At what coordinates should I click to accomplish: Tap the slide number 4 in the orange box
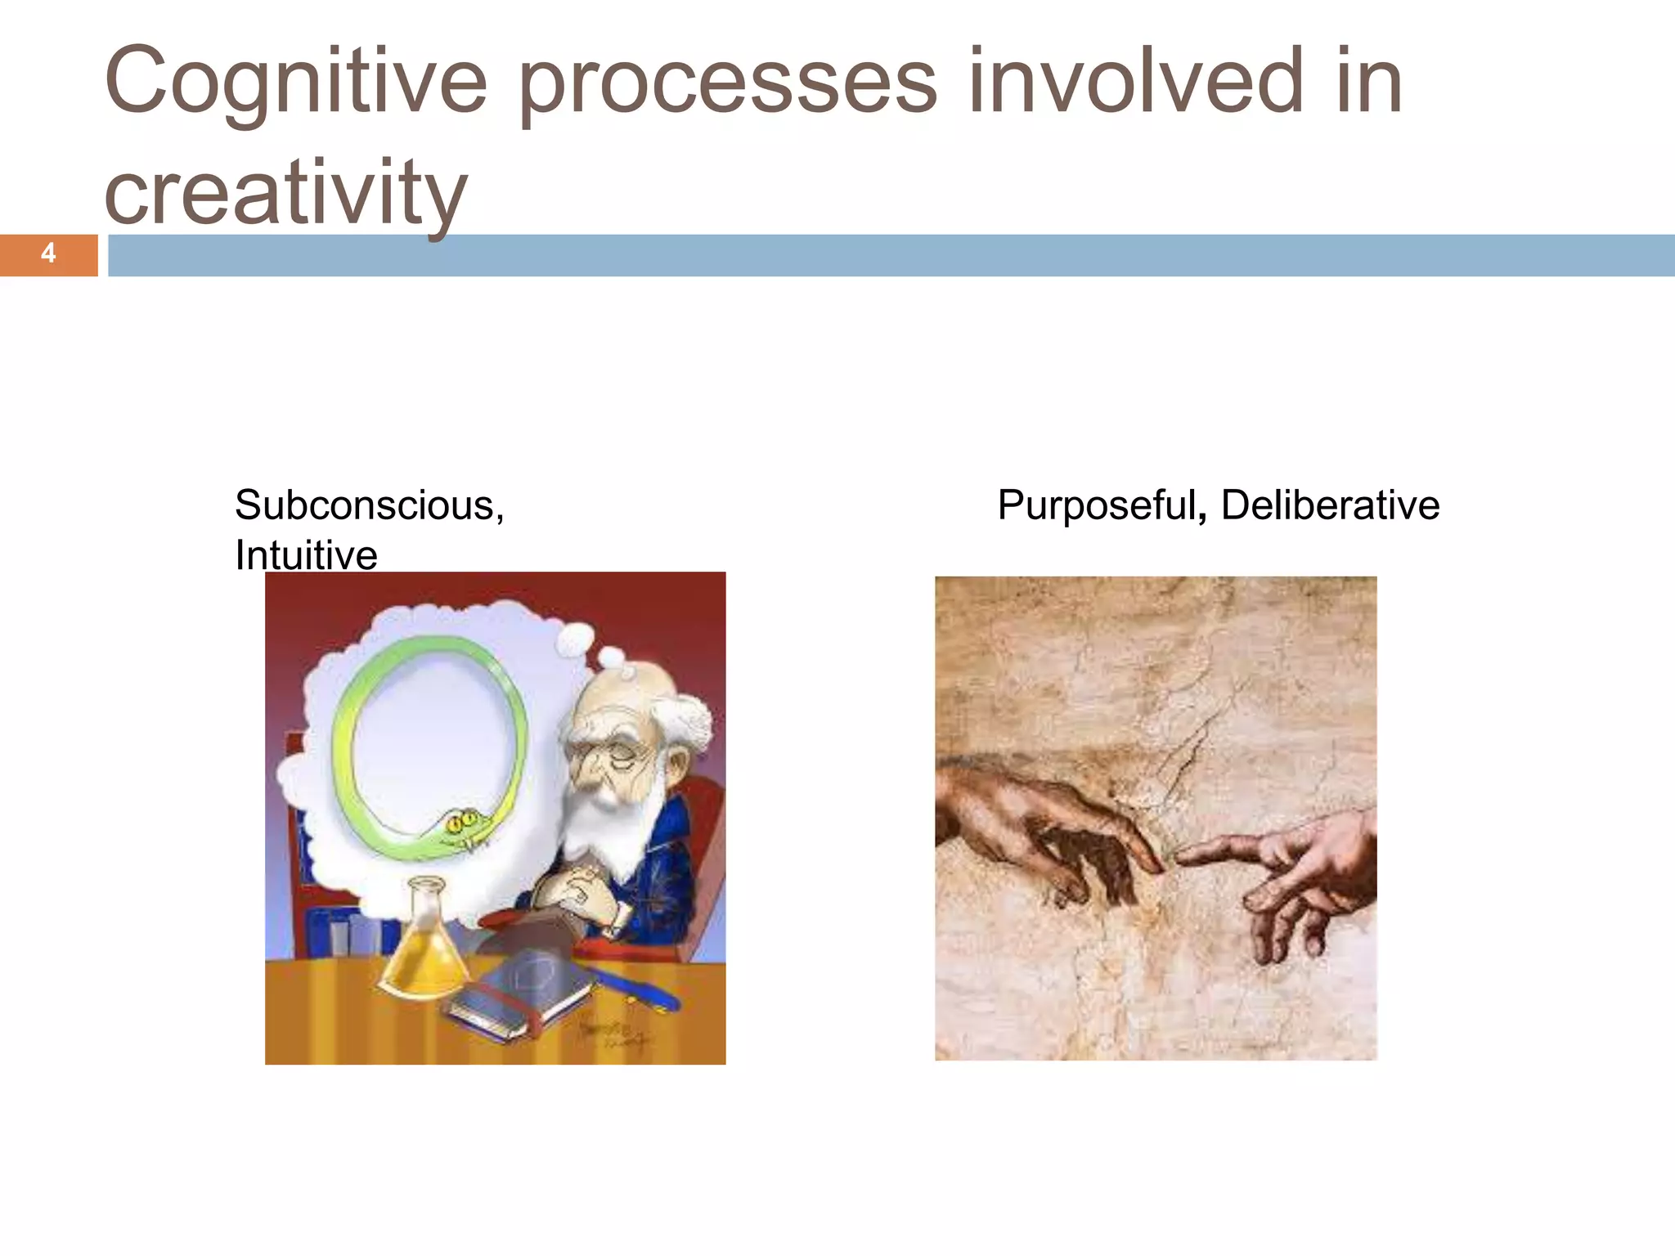(48, 253)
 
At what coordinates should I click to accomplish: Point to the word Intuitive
(306, 556)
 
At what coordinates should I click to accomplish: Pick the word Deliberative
(1330, 505)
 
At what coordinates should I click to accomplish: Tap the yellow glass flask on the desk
(424, 949)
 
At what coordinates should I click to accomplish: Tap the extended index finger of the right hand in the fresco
(1202, 855)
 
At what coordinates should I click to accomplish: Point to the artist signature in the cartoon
(613, 1034)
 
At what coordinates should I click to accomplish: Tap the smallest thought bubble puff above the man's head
(626, 672)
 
